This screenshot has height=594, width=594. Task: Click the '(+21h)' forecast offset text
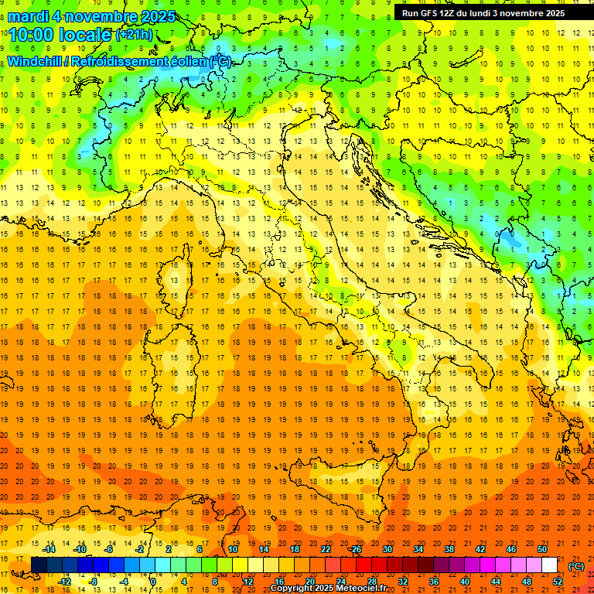[x=135, y=34]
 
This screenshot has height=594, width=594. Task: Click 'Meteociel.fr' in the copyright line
[x=363, y=589]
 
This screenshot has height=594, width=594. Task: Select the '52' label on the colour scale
[x=558, y=582]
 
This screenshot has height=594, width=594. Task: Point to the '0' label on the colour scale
[x=153, y=582]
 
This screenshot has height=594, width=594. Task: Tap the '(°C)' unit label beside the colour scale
[x=575, y=567]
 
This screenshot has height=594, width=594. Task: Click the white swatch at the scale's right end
[x=549, y=565]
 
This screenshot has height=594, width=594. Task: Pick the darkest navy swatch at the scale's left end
[x=39, y=565]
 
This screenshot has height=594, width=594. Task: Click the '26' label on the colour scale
[x=356, y=549]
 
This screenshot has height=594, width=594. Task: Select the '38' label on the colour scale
[x=449, y=549]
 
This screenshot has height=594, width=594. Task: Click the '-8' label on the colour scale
[x=94, y=582]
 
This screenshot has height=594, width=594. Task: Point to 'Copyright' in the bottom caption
[x=294, y=589]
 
